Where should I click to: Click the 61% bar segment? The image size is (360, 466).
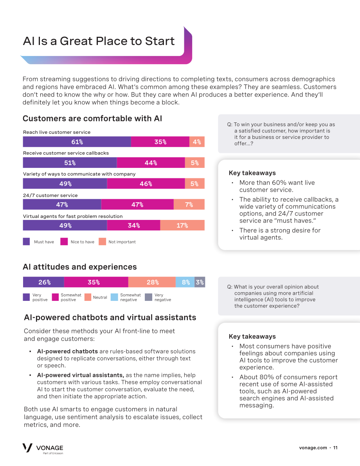click(77, 142)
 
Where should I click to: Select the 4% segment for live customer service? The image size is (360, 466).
click(197, 142)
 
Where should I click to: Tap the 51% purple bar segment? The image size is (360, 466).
click(70, 162)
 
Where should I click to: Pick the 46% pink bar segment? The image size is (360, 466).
click(146, 184)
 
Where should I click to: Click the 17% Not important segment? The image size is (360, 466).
click(182, 225)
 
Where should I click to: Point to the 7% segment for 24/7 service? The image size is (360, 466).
click(189, 205)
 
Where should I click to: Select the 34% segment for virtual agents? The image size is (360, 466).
click(134, 225)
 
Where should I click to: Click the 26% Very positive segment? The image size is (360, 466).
click(43, 282)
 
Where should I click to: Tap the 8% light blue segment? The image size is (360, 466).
click(185, 282)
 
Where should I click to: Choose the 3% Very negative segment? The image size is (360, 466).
click(200, 282)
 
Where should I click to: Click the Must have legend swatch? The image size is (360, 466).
click(27, 242)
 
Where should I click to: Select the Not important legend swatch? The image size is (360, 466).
click(102, 242)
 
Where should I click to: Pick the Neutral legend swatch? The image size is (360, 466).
click(88, 297)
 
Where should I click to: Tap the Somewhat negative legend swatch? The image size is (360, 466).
click(114, 297)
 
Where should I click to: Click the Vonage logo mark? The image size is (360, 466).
click(27, 448)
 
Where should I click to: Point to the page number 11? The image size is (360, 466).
click(335, 448)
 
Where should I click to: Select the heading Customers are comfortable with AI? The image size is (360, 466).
click(92, 118)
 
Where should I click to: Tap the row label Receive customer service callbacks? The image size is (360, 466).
click(66, 153)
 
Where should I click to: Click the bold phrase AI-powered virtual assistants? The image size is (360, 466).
click(81, 375)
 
